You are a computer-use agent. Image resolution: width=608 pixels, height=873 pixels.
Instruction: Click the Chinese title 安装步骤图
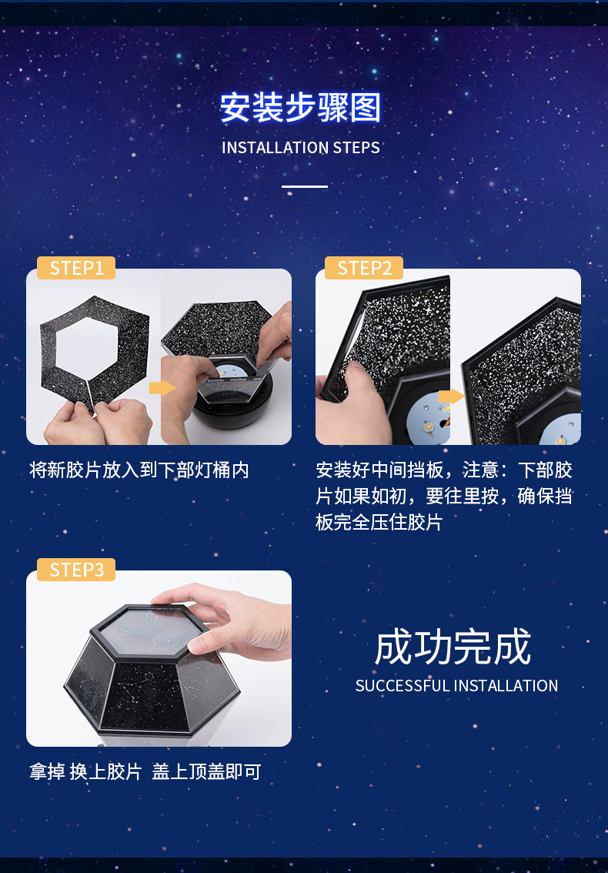click(x=301, y=108)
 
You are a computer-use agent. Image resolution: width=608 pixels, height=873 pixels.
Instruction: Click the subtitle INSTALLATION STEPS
click(x=301, y=148)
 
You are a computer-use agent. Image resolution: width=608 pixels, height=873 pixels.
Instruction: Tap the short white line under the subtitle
click(x=305, y=186)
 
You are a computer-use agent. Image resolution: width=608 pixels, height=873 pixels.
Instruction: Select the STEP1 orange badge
click(x=76, y=268)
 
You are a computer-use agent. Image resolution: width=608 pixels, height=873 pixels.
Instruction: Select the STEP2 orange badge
click(x=365, y=268)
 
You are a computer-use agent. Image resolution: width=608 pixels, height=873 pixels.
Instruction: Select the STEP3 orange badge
click(x=76, y=570)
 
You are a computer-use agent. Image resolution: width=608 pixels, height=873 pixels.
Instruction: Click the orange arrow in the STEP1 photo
click(x=162, y=387)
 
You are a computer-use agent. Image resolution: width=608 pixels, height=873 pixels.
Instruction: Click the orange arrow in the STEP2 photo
click(x=451, y=397)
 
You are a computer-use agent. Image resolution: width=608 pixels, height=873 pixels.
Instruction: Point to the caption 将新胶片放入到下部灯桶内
click(x=139, y=470)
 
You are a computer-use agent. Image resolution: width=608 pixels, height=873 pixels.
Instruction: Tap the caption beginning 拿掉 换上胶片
click(x=145, y=772)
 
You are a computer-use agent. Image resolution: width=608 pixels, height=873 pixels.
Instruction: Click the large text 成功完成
click(x=453, y=647)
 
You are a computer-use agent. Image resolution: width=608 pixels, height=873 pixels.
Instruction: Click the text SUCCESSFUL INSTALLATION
click(x=456, y=686)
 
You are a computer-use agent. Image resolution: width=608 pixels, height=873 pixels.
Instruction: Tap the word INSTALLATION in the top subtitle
click(x=275, y=148)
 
